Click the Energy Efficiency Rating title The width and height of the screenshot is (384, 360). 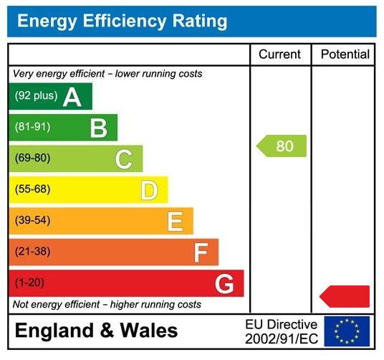point(122,22)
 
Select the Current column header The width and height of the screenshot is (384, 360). point(279,55)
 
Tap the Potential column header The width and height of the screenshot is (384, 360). point(345,55)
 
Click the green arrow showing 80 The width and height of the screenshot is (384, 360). point(282,146)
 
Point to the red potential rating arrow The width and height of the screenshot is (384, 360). point(345,296)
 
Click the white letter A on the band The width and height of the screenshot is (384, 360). point(72,97)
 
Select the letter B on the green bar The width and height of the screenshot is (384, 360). point(98,128)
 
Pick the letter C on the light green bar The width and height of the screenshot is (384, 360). point(124,159)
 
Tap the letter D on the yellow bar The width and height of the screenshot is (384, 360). point(149,190)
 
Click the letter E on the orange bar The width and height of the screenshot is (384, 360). point(175,222)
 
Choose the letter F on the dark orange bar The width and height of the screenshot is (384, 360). point(201,252)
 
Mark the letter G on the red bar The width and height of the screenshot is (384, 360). point(224,284)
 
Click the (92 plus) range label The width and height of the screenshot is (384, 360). point(36,96)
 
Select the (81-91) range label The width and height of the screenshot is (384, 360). point(32,127)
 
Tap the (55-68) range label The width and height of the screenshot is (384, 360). point(32,189)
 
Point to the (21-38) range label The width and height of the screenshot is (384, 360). point(32,252)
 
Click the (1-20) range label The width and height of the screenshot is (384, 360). point(29,283)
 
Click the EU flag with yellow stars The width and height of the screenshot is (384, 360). point(347,331)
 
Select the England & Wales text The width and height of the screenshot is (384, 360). point(96,331)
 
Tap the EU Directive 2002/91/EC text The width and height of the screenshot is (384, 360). point(281,331)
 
